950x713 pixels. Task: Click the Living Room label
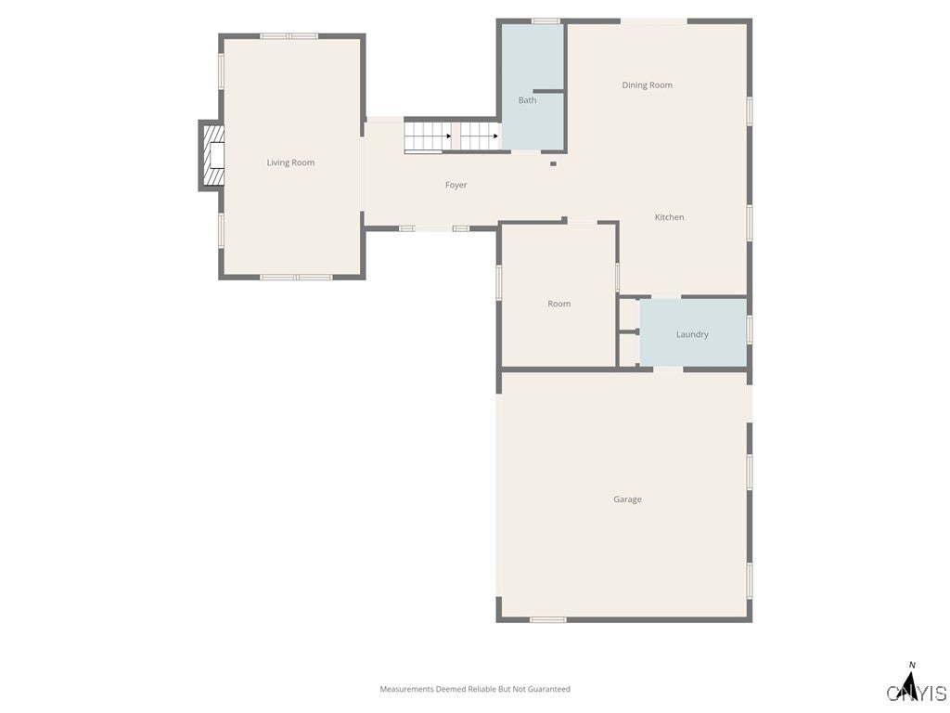click(x=290, y=162)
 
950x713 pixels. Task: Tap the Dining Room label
click(x=647, y=85)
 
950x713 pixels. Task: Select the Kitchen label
click(x=669, y=217)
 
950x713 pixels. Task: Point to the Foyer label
click(x=456, y=185)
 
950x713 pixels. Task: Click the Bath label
click(x=527, y=100)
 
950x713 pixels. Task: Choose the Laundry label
click(x=692, y=334)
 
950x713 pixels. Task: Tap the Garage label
click(x=627, y=499)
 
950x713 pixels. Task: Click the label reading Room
click(x=558, y=304)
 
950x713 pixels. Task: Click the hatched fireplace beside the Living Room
click(x=212, y=155)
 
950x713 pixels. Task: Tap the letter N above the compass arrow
click(x=912, y=665)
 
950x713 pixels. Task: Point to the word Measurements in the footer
click(x=406, y=689)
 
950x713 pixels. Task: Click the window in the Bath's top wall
click(x=546, y=20)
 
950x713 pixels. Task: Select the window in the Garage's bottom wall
click(x=547, y=619)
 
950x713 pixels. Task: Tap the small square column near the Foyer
click(x=553, y=164)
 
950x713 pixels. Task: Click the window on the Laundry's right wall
click(x=749, y=330)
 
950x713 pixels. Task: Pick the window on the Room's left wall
click(x=499, y=282)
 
